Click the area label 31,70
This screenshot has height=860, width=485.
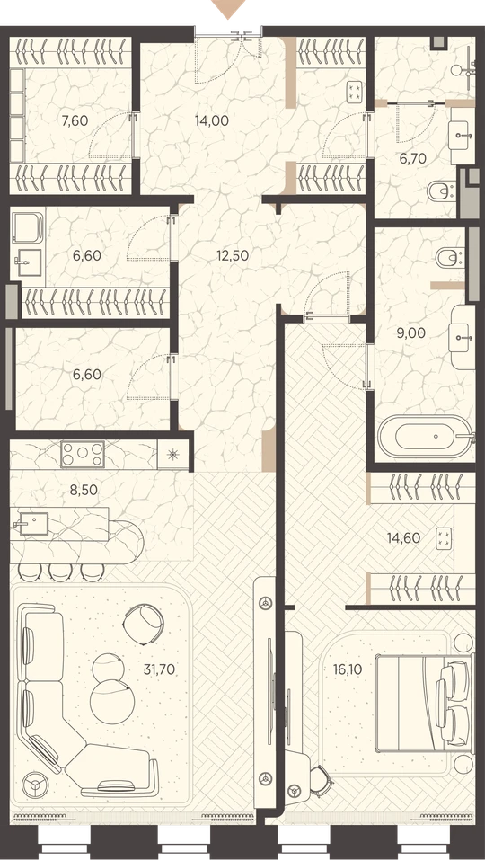[159, 669]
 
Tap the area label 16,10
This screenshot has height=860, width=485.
[348, 669]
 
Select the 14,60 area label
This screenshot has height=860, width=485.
[404, 538]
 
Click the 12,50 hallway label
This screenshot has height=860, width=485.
[233, 255]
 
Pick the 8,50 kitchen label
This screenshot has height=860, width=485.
[84, 490]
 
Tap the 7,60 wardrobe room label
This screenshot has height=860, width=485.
[75, 120]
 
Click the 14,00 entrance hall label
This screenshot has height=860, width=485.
[212, 120]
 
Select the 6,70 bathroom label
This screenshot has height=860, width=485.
[412, 158]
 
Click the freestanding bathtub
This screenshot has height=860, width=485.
[425, 437]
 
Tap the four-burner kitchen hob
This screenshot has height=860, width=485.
[83, 454]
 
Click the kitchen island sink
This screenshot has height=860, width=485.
[31, 523]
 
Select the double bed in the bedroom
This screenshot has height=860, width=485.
[424, 703]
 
